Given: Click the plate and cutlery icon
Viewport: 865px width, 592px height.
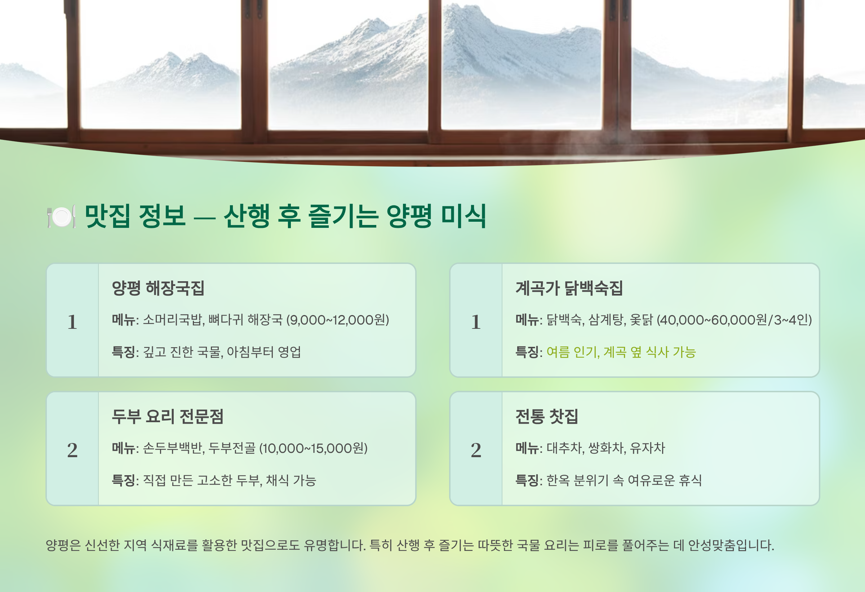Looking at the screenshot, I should (x=62, y=216).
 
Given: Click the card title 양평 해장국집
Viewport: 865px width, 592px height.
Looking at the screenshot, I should (x=158, y=288).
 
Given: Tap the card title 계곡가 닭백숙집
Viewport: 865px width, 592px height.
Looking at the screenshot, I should (x=569, y=288).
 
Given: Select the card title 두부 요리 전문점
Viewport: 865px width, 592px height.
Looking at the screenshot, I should (x=168, y=416).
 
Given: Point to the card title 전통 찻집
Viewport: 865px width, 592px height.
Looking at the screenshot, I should (x=547, y=416).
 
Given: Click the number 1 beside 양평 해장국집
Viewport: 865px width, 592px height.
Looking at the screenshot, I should (x=72, y=322).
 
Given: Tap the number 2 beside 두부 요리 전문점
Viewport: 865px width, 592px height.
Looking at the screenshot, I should (x=72, y=450).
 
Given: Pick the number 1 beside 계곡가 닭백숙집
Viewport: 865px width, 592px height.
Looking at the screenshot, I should (x=476, y=322).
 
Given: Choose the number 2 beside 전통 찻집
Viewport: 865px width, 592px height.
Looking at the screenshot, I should (x=476, y=450).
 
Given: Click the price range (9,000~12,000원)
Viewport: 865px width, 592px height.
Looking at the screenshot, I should (x=338, y=320).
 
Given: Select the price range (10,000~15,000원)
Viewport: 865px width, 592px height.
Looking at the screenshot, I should (x=314, y=448).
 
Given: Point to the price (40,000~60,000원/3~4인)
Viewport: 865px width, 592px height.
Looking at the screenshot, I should (x=734, y=320).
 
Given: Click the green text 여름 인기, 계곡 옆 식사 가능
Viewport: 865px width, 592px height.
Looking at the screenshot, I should (x=621, y=352).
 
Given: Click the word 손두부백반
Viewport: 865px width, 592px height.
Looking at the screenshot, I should (x=173, y=448).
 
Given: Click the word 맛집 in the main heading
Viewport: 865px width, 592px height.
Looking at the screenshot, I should (x=107, y=216).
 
